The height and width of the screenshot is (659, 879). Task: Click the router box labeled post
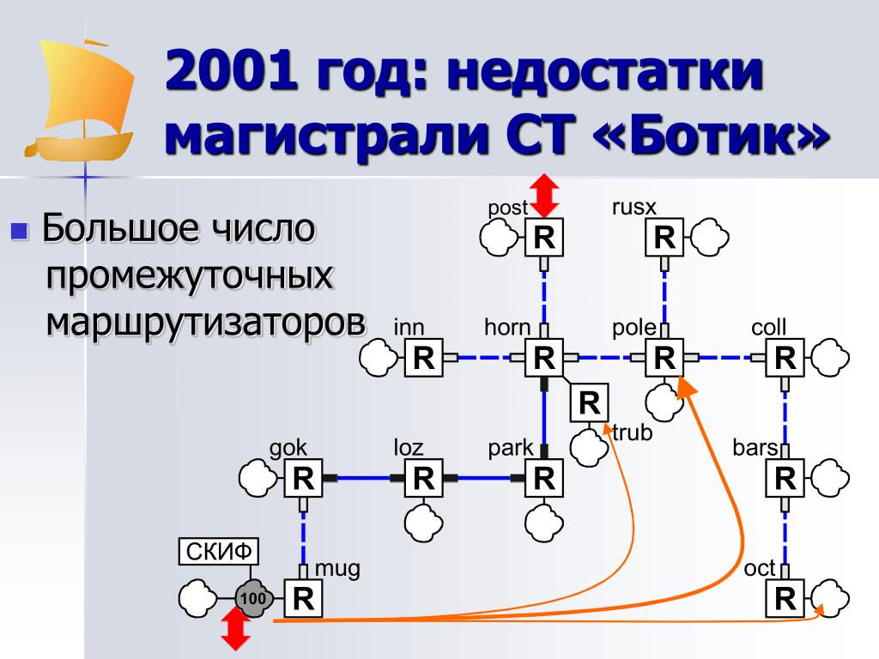(x=544, y=238)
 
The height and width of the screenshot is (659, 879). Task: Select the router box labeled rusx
(x=664, y=238)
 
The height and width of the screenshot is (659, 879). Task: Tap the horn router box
(x=544, y=358)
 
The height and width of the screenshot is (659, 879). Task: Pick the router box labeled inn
(x=424, y=358)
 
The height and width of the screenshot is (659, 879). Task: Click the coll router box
(x=785, y=358)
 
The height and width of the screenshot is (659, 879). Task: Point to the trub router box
(x=589, y=402)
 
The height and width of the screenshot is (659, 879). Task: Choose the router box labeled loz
(x=424, y=478)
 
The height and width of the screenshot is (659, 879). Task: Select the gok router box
(x=304, y=478)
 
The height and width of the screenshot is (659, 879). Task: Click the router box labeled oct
(x=785, y=598)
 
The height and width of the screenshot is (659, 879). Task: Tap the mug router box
(x=304, y=598)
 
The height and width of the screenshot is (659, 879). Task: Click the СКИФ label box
(x=219, y=552)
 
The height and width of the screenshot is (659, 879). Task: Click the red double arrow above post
(x=543, y=195)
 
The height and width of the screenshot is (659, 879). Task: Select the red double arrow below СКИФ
(x=235, y=631)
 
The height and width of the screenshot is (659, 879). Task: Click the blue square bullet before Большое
(x=20, y=231)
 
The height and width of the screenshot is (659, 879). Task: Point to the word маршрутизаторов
(x=206, y=322)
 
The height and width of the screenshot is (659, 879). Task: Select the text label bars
(x=755, y=447)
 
